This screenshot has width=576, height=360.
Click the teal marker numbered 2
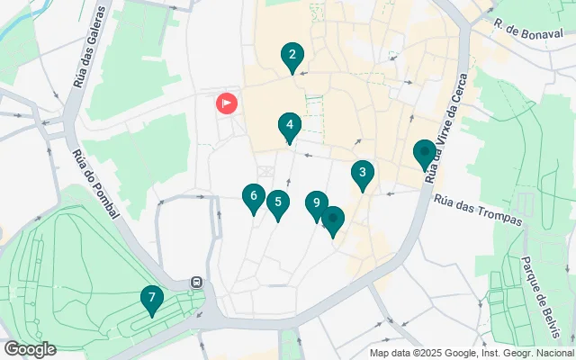click(x=291, y=57)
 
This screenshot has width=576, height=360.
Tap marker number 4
click(x=289, y=126)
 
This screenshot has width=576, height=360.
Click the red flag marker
click(x=226, y=103)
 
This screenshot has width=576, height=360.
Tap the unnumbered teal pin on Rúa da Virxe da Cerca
click(x=424, y=154)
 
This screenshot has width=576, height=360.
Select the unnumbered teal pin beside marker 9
click(x=333, y=220)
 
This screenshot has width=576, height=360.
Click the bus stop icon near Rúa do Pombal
click(x=195, y=283)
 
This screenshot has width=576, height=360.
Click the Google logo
click(x=30, y=349)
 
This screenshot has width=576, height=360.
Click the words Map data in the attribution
click(x=391, y=352)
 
